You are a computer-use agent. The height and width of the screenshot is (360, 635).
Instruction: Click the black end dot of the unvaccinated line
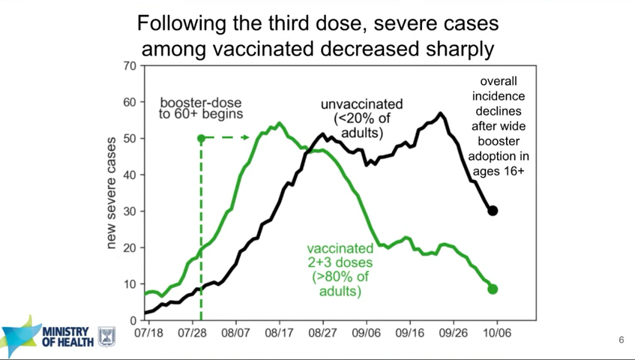pyautogui.click(x=493, y=211)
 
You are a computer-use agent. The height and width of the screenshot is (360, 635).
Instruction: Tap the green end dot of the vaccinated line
pyautogui.click(x=493, y=289)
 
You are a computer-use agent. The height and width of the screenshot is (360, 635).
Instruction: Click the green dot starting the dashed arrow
pyautogui.click(x=201, y=138)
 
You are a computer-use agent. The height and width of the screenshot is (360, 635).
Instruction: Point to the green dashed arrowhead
pyautogui.click(x=247, y=138)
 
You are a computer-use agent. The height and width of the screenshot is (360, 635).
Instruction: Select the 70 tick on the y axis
pyautogui.click(x=130, y=66)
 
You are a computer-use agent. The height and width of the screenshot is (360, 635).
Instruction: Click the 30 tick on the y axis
pyautogui.click(x=130, y=211)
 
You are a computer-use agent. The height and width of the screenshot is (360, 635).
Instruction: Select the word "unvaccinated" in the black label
pyautogui.click(x=362, y=103)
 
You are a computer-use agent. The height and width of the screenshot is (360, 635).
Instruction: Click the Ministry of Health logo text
pyautogui.click(x=67, y=337)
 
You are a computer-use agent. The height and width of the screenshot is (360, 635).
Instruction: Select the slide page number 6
pyautogui.click(x=621, y=340)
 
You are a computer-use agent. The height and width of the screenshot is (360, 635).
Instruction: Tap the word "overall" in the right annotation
pyautogui.click(x=499, y=81)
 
